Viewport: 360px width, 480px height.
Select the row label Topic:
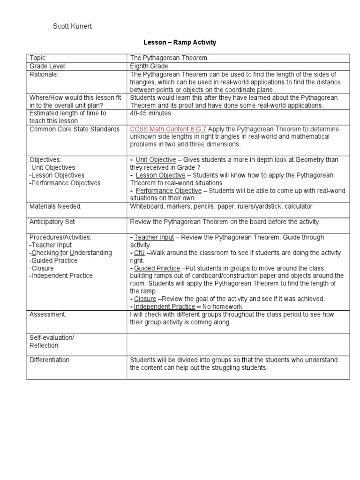click(39, 58)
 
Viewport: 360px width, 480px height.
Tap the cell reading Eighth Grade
click(149, 66)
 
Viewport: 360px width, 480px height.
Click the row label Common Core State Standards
click(75, 129)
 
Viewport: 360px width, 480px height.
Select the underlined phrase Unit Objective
click(156, 160)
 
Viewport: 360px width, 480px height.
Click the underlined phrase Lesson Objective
click(160, 175)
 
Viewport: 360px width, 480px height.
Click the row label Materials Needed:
click(55, 206)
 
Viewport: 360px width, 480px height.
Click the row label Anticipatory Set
click(52, 222)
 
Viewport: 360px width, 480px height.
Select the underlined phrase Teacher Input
click(154, 238)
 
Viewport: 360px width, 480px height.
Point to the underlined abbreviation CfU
click(140, 253)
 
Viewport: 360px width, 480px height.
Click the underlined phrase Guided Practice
click(157, 269)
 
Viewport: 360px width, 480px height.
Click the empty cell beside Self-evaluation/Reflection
click(238, 341)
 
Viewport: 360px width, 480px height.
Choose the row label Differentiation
click(49, 360)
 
